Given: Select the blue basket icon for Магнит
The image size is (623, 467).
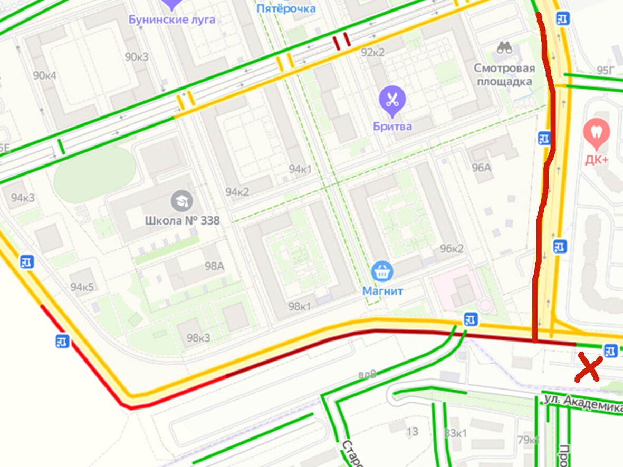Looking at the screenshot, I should (x=382, y=272).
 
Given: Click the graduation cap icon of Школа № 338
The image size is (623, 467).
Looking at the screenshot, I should (x=182, y=201).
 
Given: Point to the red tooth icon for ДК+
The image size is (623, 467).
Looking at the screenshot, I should (x=597, y=132).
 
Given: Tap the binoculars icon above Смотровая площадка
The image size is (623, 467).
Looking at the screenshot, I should (x=505, y=48).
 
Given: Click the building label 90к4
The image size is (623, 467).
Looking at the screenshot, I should (x=44, y=75).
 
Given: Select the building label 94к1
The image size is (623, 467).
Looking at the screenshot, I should (x=300, y=169).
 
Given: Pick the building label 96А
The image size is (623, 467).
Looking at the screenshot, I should (x=481, y=168).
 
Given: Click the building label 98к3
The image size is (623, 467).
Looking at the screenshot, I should (x=198, y=338).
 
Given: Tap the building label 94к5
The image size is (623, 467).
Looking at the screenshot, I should (x=82, y=287).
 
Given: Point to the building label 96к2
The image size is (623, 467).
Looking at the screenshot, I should (x=452, y=249).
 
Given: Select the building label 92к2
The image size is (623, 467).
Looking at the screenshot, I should (x=372, y=52).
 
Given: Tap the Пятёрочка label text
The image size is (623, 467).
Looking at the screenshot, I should (x=286, y=8).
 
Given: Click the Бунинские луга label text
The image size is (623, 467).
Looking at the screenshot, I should (x=172, y=20).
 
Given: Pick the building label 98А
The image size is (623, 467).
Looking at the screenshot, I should (x=214, y=266).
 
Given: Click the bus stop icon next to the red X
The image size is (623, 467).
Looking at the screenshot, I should (x=610, y=350).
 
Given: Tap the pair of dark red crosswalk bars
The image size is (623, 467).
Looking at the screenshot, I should (x=341, y=42).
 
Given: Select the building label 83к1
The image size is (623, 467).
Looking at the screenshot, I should (x=455, y=433).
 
